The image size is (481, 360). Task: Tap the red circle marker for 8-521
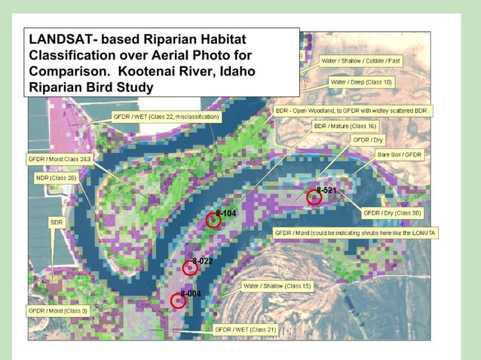(315, 197)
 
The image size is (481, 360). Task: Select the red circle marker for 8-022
(189, 267)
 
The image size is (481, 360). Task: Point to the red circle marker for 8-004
(177, 300)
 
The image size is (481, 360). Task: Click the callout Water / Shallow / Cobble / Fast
(361, 60)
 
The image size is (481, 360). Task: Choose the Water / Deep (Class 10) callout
(361, 81)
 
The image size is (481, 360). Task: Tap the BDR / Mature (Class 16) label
(345, 126)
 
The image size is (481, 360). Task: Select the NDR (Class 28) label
(56, 178)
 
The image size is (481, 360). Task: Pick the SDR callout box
(57, 223)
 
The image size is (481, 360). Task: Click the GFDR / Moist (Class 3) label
(58, 310)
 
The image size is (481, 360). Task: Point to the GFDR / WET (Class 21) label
(246, 329)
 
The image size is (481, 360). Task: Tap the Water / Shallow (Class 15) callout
(277, 286)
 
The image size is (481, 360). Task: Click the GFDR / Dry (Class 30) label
(392, 213)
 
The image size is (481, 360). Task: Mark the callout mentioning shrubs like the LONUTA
(355, 233)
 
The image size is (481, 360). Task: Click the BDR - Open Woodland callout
(354, 110)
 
